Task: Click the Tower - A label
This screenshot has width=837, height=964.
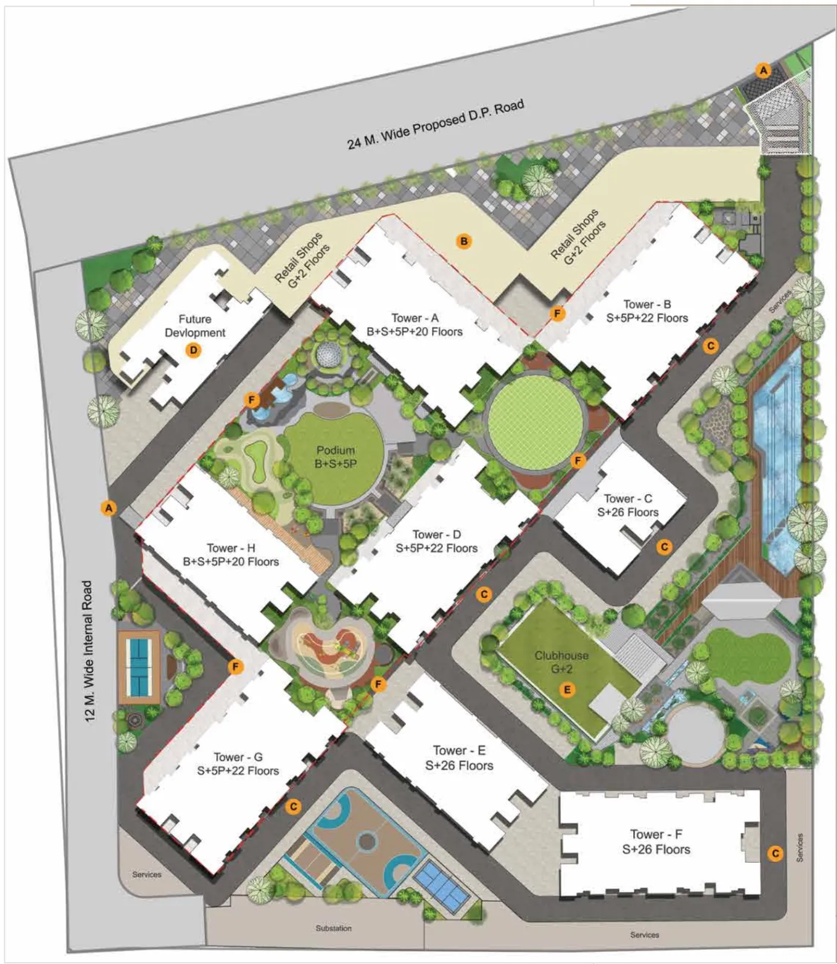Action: point(415,318)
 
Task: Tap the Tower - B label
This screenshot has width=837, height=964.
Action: point(647,305)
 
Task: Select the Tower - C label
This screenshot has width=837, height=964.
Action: point(628,499)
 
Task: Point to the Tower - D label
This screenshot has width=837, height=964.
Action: point(437,535)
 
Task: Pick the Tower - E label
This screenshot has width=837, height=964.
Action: point(459,751)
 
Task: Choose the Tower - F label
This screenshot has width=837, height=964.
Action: point(656,834)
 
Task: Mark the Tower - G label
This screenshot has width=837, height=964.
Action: point(238,757)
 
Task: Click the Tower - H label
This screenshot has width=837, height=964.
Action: point(231,548)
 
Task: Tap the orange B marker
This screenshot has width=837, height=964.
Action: point(464,242)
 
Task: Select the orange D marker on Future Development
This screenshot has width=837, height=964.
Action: point(194,350)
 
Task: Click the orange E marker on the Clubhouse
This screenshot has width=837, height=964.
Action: point(566,689)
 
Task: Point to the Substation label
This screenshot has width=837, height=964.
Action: point(333,928)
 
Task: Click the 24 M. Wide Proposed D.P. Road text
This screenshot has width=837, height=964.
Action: point(435,125)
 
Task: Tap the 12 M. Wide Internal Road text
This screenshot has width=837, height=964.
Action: point(89,651)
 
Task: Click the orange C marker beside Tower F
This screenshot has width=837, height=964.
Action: point(775,853)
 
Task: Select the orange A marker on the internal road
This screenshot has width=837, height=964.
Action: point(109,508)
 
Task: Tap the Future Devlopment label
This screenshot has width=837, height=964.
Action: point(195,326)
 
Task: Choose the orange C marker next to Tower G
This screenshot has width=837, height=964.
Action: point(293,807)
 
